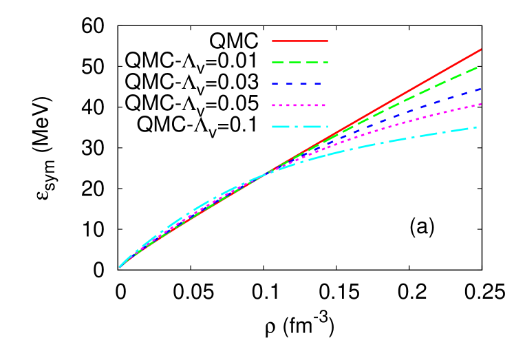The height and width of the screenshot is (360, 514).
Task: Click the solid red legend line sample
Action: click(x=300, y=41)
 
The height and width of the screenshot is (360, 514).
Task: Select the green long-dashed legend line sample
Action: click(x=300, y=62)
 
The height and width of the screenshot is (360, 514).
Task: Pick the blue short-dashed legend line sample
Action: click(x=297, y=83)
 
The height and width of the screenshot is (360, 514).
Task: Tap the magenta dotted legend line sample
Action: click(x=299, y=105)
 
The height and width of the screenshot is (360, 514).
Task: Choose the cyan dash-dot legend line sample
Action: click(x=300, y=127)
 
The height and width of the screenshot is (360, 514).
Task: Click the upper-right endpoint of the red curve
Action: click(x=481, y=50)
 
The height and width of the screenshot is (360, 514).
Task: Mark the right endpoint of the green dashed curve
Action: click(x=478, y=67)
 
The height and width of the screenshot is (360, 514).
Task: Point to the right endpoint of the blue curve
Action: click(x=480, y=89)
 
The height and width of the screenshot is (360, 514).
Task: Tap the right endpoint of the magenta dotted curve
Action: click(x=480, y=104)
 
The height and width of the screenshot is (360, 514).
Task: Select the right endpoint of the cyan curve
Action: click(x=477, y=127)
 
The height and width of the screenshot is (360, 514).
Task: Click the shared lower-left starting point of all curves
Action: click(x=120, y=266)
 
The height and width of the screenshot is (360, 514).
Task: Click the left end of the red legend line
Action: click(x=273, y=41)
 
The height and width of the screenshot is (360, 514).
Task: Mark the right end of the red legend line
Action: click(x=328, y=41)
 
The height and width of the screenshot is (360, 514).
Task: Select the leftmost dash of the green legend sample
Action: click(x=278, y=62)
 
